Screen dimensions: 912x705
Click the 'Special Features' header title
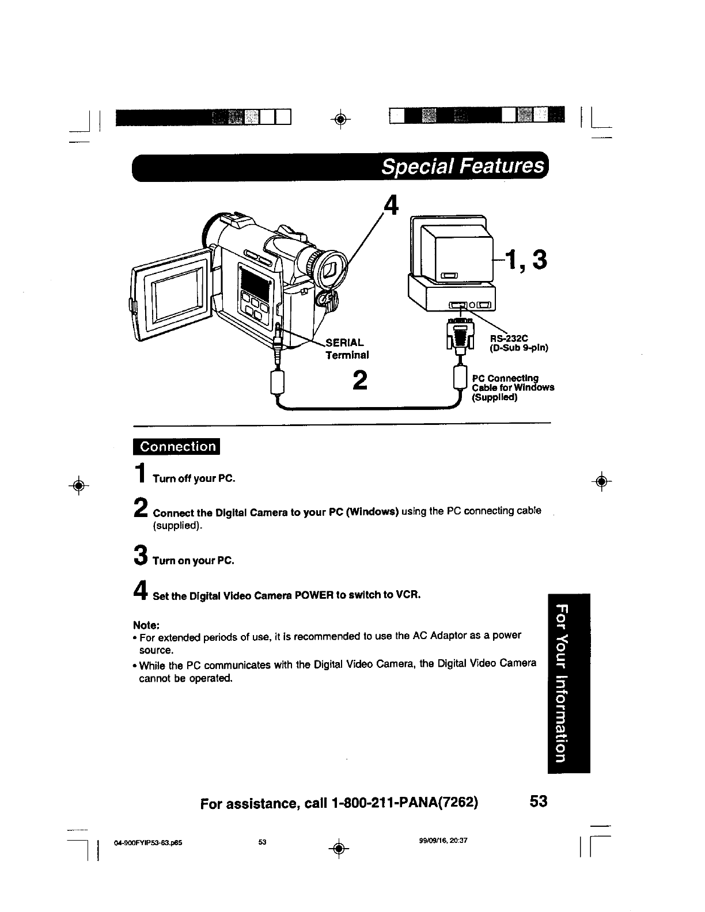[x=463, y=167]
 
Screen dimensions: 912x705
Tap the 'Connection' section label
[x=179, y=447]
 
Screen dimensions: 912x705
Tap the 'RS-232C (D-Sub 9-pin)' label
[x=518, y=343]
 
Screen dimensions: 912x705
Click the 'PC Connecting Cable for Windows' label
[x=512, y=387]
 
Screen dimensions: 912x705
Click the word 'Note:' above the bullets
[x=146, y=625]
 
